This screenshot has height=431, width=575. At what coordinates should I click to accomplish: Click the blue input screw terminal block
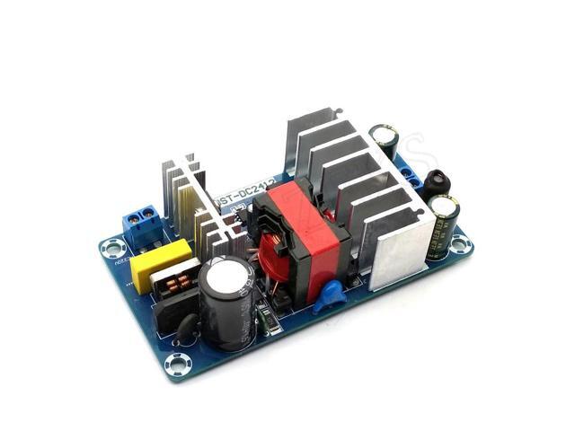coord(142,220)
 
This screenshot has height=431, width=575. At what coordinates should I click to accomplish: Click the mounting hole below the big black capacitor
coord(178,362)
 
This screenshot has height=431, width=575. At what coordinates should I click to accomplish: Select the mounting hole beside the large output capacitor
coord(460,244)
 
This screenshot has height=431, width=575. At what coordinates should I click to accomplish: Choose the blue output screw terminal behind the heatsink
coord(411,171)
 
